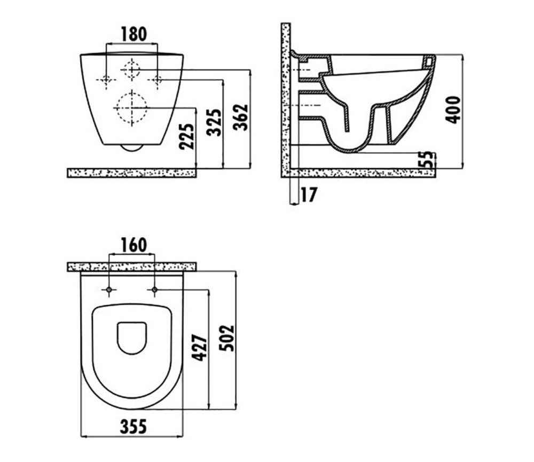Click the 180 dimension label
[134, 34]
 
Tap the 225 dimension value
[186, 136]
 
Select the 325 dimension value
[214, 122]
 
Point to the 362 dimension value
[240, 117]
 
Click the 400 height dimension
[453, 109]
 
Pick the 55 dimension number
[427, 159]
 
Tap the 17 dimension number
[309, 194]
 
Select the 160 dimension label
[134, 245]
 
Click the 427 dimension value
[200, 348]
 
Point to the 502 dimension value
[227, 338]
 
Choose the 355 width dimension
[133, 426]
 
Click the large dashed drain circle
[132, 108]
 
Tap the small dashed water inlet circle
[131, 69]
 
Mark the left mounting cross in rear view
[106, 80]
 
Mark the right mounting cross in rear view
[158, 80]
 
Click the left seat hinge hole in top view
[109, 290]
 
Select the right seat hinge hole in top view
[154, 290]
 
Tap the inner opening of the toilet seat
[132, 338]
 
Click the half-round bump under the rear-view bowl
[132, 147]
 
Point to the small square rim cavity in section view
[428, 61]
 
